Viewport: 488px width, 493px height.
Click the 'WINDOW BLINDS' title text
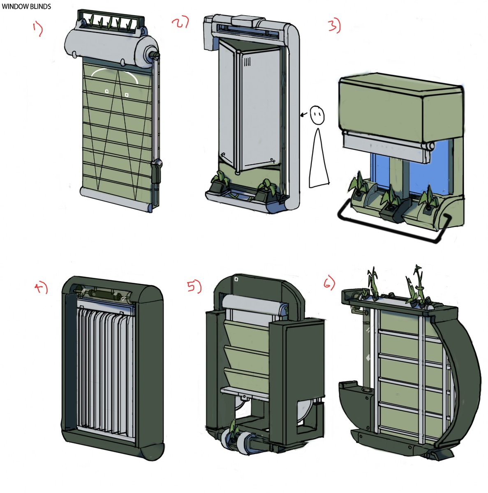(26, 7)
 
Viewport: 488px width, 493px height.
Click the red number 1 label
(37, 29)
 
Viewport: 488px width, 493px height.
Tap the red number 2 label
(180, 22)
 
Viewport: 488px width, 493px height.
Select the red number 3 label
(334, 26)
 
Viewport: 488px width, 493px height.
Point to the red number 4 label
(41, 288)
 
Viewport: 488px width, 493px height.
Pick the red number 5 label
(194, 286)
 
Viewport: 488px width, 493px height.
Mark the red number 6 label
(329, 282)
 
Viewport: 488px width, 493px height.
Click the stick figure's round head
(317, 114)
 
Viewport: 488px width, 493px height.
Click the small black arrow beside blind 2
(304, 115)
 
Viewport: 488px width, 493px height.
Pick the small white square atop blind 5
(236, 279)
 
